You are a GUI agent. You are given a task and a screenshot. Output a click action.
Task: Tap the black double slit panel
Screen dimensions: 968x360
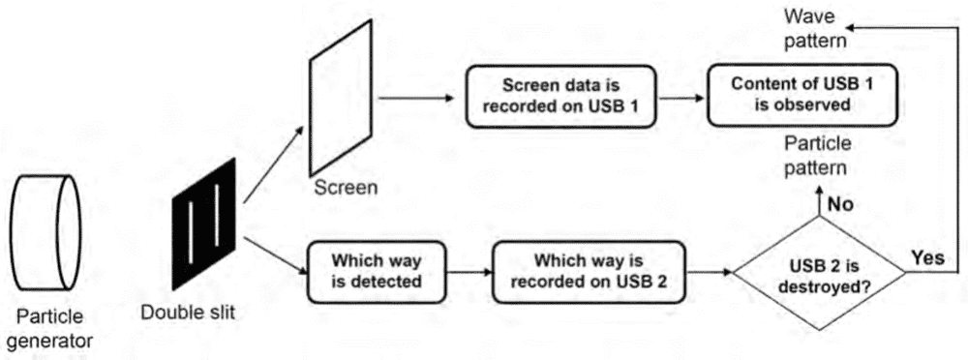coord(203,224)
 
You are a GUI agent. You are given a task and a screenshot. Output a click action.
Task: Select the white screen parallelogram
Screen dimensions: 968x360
coord(341,98)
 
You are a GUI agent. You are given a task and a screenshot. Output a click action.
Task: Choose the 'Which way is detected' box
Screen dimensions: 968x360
coord(377,272)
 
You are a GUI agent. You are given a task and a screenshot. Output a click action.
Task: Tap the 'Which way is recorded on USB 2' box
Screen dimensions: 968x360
coord(589,272)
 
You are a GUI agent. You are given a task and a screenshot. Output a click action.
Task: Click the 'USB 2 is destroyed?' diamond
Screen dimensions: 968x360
coord(819,272)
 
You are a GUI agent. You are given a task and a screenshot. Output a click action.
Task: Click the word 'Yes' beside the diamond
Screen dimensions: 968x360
coord(928,257)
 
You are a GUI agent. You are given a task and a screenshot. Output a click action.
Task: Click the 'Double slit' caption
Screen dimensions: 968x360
coord(188,313)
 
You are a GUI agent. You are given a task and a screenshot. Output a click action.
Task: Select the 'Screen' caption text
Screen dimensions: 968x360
coord(346,188)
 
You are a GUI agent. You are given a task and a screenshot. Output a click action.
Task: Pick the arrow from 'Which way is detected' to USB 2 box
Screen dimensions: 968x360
coord(469,272)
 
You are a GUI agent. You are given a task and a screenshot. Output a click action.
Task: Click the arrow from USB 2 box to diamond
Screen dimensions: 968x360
coord(709,272)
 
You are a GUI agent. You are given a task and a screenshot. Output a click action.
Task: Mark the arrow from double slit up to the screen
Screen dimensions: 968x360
coord(274,164)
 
